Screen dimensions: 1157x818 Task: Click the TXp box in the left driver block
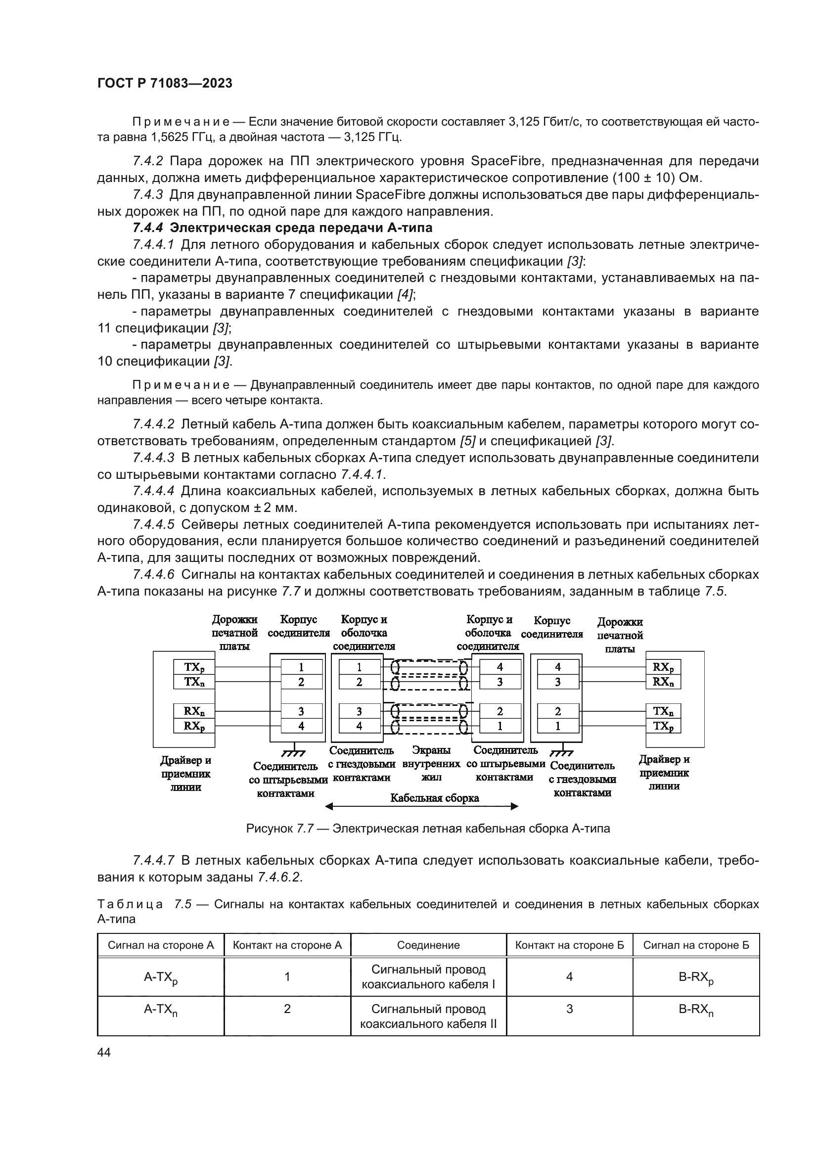[194, 667]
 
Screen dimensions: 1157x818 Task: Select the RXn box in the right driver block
[663, 682]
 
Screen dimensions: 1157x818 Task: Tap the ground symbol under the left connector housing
[293, 753]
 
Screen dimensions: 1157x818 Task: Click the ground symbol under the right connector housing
[561, 753]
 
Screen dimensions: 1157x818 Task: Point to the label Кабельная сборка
[434, 798]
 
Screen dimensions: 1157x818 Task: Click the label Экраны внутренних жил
[431, 764]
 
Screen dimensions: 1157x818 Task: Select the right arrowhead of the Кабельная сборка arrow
[514, 806]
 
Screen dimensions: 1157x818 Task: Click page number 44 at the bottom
[104, 1052]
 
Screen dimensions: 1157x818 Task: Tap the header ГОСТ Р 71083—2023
[165, 83]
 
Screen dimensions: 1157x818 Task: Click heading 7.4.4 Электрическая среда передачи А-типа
[282, 228]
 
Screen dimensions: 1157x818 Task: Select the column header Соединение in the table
[428, 945]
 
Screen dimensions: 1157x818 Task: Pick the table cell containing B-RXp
[696, 977]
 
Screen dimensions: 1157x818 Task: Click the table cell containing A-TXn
[161, 1010]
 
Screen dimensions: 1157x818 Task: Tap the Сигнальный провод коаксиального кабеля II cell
[428, 1017]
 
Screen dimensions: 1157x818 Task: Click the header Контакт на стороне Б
[569, 945]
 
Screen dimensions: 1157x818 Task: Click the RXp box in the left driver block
[194, 726]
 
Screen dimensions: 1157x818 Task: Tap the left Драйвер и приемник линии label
[185, 774]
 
